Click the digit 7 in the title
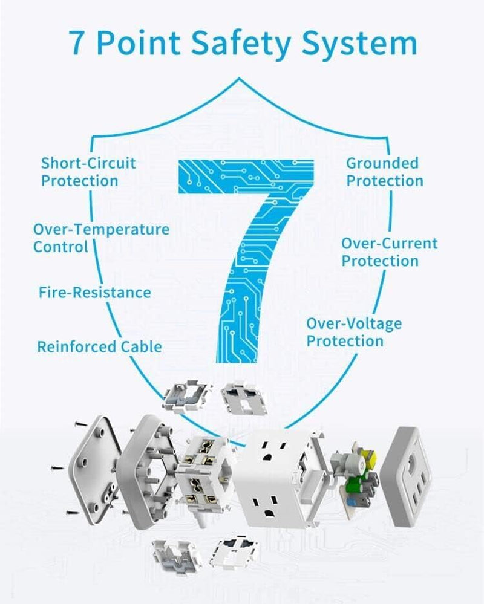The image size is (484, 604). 77,42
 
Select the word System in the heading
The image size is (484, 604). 359,44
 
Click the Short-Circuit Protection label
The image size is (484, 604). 88,172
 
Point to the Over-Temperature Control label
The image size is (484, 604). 101,238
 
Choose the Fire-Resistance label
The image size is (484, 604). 95,293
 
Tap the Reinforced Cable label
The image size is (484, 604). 99,346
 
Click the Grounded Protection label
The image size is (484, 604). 385,172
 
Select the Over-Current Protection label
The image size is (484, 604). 389,252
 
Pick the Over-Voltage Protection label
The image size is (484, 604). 354,332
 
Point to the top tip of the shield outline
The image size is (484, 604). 240,78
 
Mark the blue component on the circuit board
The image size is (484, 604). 351,502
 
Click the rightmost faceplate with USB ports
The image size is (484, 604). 411,476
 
